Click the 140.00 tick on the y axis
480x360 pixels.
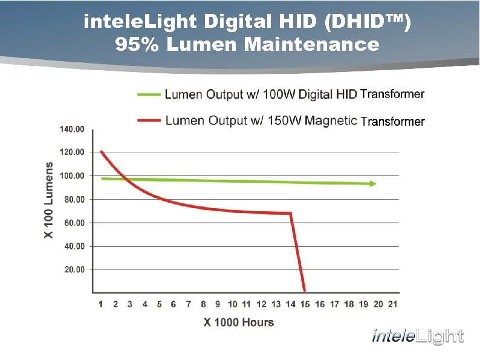(x=72, y=129)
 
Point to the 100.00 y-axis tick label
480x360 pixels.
(x=72, y=175)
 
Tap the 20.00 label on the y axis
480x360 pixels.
(x=75, y=269)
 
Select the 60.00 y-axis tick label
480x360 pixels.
(x=75, y=223)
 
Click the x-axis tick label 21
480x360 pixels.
(x=393, y=304)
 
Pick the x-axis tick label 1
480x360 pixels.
(x=100, y=304)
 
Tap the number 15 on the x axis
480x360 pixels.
(x=305, y=304)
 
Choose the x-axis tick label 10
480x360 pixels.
(x=232, y=304)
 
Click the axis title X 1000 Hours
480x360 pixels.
(x=238, y=322)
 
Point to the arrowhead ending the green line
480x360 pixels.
(x=373, y=183)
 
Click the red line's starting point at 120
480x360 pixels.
(x=101, y=151)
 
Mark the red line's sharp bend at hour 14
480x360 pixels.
(x=291, y=213)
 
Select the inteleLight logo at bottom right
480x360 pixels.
(x=417, y=336)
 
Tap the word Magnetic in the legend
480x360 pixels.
(x=331, y=120)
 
